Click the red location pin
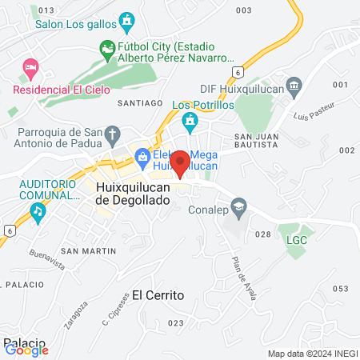[180, 162]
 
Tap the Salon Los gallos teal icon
[126, 19]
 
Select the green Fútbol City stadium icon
[107, 48]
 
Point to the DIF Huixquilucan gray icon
[294, 85]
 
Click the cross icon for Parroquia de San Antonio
[113, 133]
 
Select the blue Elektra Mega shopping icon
[143, 156]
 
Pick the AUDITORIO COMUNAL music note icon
[37, 210]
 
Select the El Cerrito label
[158, 294]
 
